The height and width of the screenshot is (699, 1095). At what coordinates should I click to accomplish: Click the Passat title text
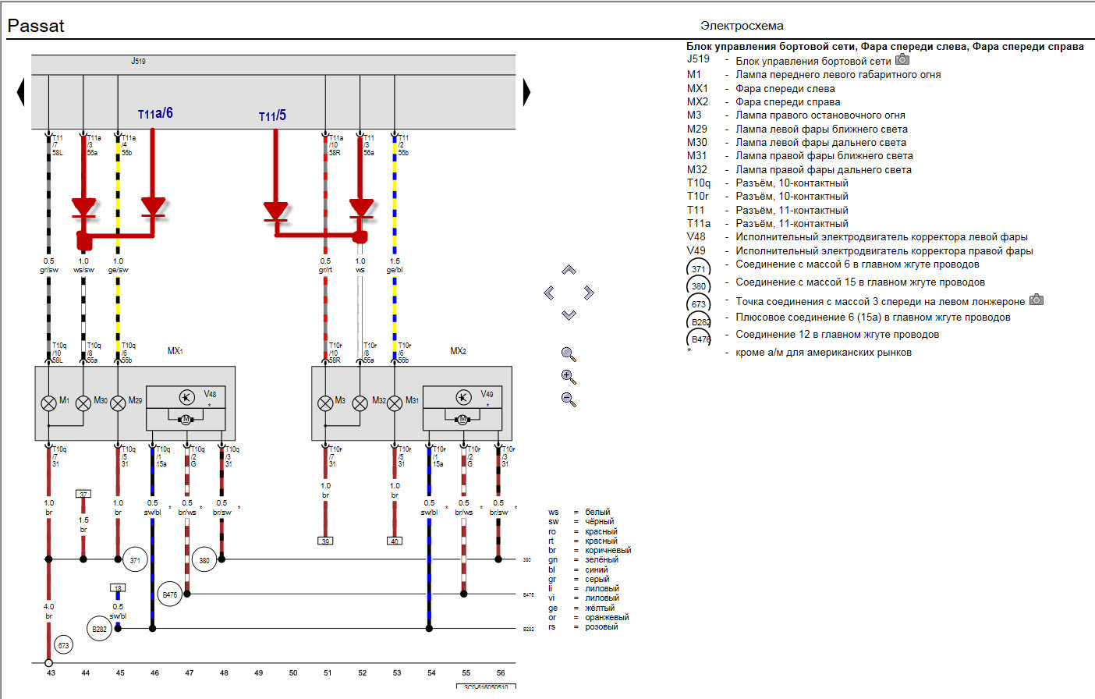tap(36, 26)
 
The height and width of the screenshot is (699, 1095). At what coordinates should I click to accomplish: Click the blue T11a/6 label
tap(155, 114)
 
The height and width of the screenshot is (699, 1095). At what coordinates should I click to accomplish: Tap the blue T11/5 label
tap(272, 116)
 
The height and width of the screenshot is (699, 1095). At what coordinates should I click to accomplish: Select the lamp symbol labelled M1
tap(48, 403)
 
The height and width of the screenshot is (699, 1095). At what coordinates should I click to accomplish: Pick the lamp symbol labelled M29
tap(118, 403)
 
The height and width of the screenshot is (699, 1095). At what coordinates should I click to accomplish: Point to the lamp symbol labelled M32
tap(360, 403)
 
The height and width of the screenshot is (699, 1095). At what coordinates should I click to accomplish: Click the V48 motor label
tap(210, 394)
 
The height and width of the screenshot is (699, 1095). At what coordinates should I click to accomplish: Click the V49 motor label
tap(487, 394)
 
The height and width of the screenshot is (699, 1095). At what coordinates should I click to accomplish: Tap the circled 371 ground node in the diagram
tap(135, 560)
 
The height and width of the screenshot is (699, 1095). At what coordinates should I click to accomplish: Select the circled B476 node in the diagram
tap(169, 594)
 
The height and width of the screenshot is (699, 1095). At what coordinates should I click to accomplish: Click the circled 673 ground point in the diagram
tap(64, 645)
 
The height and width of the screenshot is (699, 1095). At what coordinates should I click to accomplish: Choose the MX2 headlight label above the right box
tap(458, 351)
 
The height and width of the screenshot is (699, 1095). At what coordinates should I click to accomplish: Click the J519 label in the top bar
tap(138, 61)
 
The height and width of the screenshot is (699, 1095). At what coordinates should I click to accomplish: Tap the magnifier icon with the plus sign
tap(569, 377)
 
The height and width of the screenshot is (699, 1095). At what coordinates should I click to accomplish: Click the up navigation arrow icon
tap(569, 270)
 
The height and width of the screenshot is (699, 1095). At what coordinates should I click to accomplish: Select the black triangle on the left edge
tap(20, 93)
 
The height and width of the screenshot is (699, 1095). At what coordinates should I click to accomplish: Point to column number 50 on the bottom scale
tap(293, 672)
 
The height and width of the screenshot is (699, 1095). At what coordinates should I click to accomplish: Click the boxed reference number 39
tap(325, 541)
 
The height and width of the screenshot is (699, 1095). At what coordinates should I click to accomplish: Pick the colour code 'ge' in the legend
tap(553, 608)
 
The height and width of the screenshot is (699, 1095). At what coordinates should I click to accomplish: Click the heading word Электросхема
tap(742, 26)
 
